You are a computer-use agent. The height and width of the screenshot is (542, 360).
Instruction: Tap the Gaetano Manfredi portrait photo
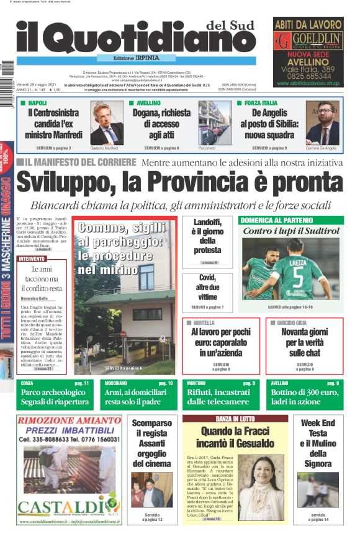tap(107, 125)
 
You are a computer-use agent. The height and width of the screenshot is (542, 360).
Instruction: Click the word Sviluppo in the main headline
tap(73, 183)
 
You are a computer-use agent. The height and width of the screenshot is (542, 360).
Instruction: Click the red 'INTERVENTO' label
tap(32, 258)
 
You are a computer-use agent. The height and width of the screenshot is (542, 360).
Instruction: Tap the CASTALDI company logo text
tap(60, 502)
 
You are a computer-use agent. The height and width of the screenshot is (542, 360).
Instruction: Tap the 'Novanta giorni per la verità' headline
tap(305, 342)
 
